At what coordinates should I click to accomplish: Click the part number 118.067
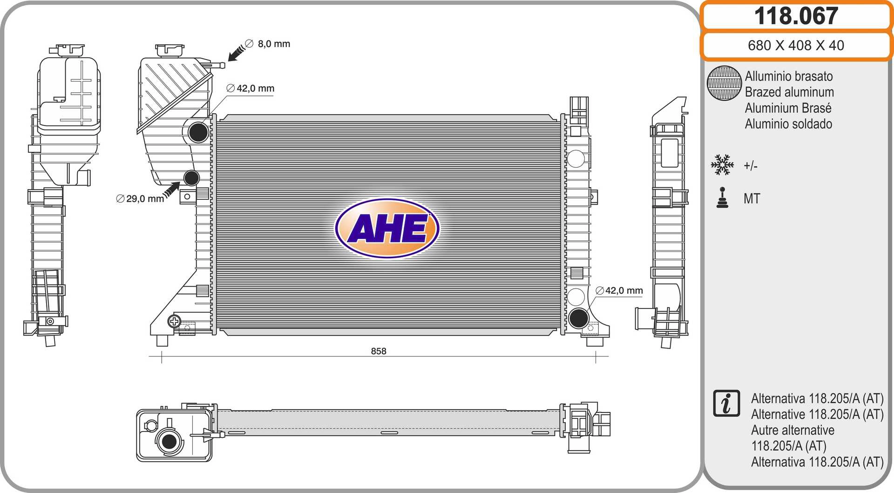pyautogui.click(x=796, y=16)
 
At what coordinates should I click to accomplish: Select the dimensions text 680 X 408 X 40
pyautogui.click(x=796, y=45)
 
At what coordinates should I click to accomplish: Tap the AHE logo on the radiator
pyautogui.click(x=387, y=228)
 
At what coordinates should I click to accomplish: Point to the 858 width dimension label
pyautogui.click(x=379, y=351)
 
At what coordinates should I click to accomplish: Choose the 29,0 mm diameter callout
pyautogui.click(x=140, y=199)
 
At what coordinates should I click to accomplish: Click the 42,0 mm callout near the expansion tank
pyautogui.click(x=251, y=88)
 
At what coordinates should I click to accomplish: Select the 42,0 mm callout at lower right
pyautogui.click(x=619, y=291)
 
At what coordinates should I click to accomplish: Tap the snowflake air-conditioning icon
pyautogui.click(x=722, y=165)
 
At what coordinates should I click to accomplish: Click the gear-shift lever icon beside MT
pyautogui.click(x=722, y=198)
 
